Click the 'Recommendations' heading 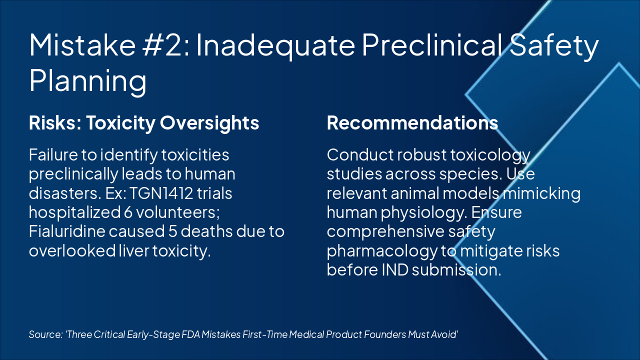[x=412, y=123]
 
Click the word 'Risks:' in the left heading [x=55, y=123]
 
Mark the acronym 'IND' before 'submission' [x=395, y=269]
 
